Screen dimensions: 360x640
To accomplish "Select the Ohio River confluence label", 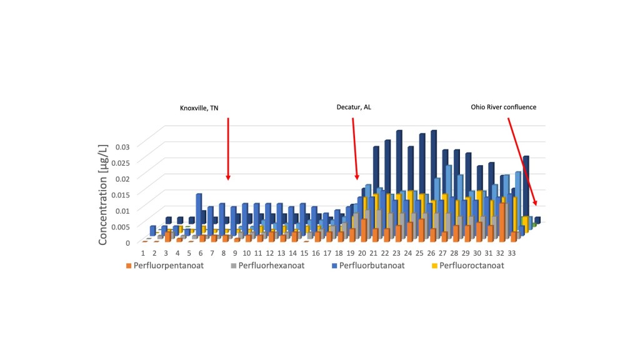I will pyautogui.click(x=503, y=107).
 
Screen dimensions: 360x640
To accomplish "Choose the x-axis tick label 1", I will pyautogui.click(x=143, y=253).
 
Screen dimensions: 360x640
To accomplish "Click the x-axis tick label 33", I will pyautogui.click(x=511, y=253).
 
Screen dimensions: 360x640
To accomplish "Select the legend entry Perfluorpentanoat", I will pyautogui.click(x=164, y=265).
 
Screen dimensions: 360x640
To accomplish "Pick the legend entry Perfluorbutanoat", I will pyautogui.click(x=369, y=265).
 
